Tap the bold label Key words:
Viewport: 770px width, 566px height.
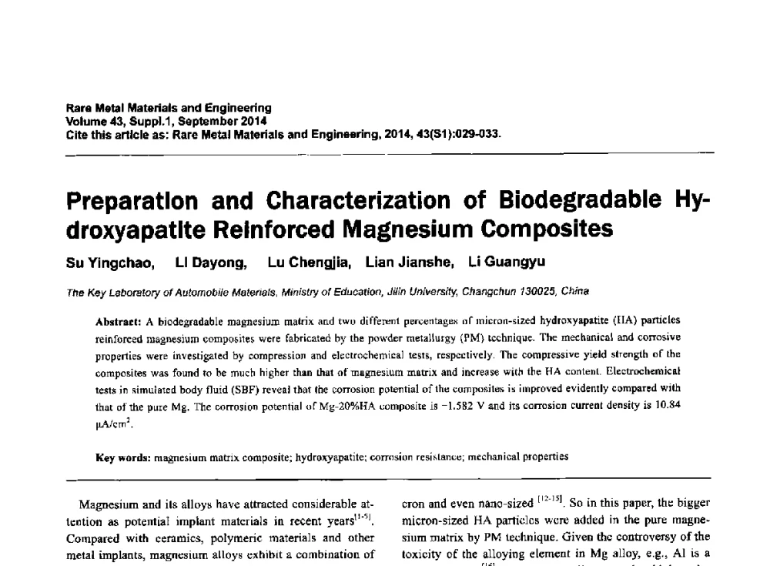pyautogui.click(x=123, y=457)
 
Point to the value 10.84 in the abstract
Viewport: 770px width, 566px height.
pyautogui.click(x=668, y=405)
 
